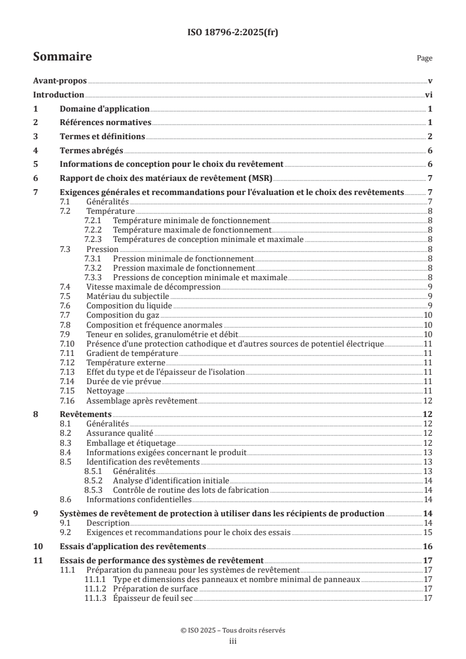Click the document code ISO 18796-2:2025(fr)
(x=233, y=33)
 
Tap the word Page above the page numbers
(x=424, y=59)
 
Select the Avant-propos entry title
(x=60, y=81)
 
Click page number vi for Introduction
(x=428, y=95)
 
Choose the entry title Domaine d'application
(x=105, y=109)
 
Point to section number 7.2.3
(x=93, y=239)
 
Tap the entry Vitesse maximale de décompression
(x=153, y=287)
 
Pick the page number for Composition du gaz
(x=428, y=315)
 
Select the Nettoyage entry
(x=105, y=391)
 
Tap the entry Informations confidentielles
(x=139, y=499)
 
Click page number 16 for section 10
(x=428, y=546)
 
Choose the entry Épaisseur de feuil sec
(x=153, y=598)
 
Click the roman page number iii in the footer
(x=233, y=642)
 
